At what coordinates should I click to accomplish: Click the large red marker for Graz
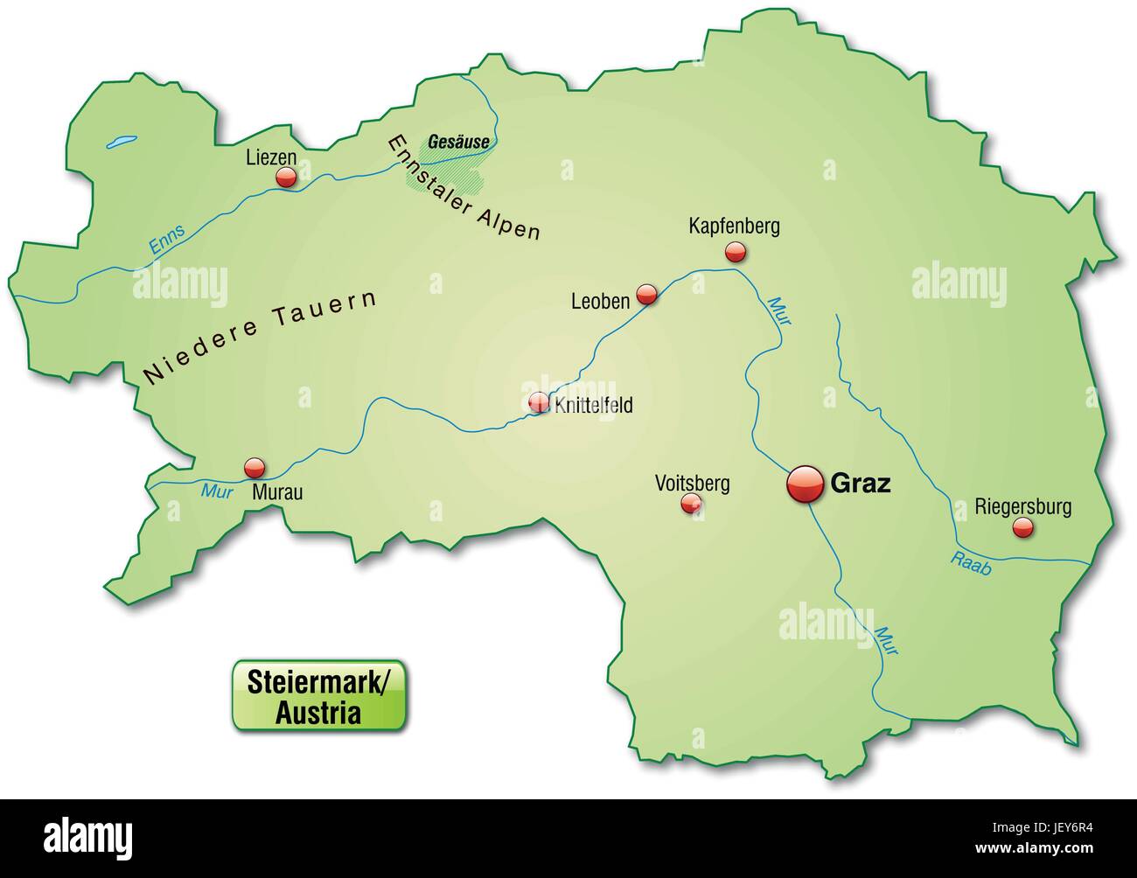[806, 484]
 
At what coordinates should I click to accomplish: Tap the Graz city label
[860, 483]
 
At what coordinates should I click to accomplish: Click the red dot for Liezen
[286, 178]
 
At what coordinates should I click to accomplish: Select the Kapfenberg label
[734, 226]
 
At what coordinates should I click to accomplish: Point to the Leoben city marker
[646, 294]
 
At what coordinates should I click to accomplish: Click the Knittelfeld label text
[593, 406]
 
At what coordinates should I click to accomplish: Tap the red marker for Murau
[255, 466]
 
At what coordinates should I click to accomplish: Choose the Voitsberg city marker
[691, 502]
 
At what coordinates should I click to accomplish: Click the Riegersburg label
[1022, 505]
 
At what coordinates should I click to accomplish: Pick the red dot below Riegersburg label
[1022, 527]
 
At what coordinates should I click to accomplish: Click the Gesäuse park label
[457, 142]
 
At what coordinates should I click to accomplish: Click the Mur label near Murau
[215, 491]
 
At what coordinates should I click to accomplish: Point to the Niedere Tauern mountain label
[259, 337]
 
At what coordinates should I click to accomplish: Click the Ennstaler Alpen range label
[464, 187]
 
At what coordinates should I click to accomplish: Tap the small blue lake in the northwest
[122, 141]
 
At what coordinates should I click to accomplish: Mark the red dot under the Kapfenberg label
[735, 253]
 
